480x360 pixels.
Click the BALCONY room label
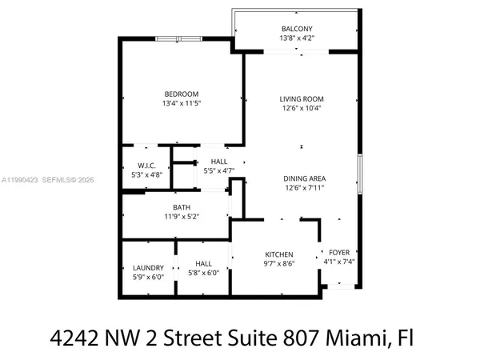(x=296, y=28)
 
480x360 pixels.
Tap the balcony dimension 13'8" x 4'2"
(x=296, y=38)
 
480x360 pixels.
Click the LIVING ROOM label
(x=302, y=99)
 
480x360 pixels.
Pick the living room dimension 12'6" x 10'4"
(x=302, y=110)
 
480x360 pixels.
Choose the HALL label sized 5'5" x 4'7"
(x=208, y=161)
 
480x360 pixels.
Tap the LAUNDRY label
(x=148, y=267)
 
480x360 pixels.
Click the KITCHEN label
(x=278, y=254)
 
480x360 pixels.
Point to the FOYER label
(x=339, y=252)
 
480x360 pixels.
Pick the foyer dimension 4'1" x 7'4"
(x=339, y=262)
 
